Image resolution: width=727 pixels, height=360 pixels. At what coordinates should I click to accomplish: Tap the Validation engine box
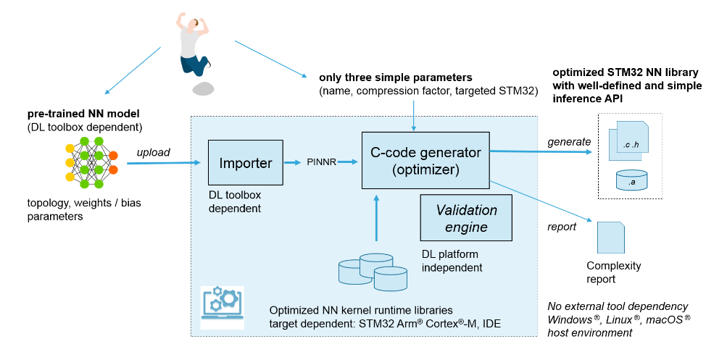(466, 219)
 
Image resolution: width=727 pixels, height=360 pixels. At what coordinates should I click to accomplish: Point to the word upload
(154, 152)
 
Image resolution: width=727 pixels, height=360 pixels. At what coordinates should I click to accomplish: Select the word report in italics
(562, 227)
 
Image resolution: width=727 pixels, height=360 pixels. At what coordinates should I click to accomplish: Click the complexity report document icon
(611, 236)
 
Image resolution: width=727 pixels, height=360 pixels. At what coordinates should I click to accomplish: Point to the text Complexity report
(613, 272)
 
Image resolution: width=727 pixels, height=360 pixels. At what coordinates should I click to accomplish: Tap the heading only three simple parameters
(395, 77)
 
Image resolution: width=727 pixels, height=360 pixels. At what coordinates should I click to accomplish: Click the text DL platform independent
(452, 260)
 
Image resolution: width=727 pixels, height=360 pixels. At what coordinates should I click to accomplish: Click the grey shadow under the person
(203, 89)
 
